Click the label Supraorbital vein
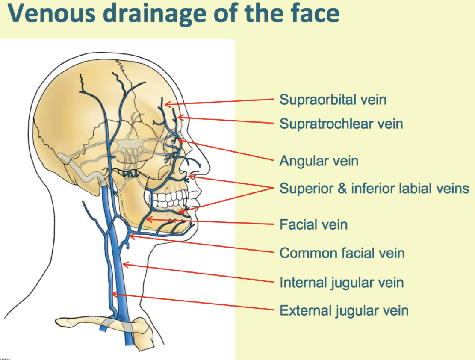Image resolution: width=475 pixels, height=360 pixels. click(x=333, y=100)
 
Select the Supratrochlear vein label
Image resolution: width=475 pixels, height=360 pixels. click(x=341, y=124)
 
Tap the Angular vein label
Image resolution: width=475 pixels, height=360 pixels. click(x=319, y=161)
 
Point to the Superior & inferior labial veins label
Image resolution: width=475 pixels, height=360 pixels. click(x=374, y=188)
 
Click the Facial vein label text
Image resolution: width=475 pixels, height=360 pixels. click(x=313, y=224)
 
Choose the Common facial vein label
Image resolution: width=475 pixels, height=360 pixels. click(x=342, y=253)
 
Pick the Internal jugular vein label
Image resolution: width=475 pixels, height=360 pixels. click(x=342, y=283)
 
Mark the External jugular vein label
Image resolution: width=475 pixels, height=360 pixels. click(x=344, y=310)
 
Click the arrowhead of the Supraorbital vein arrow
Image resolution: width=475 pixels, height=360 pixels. click(x=166, y=104)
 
